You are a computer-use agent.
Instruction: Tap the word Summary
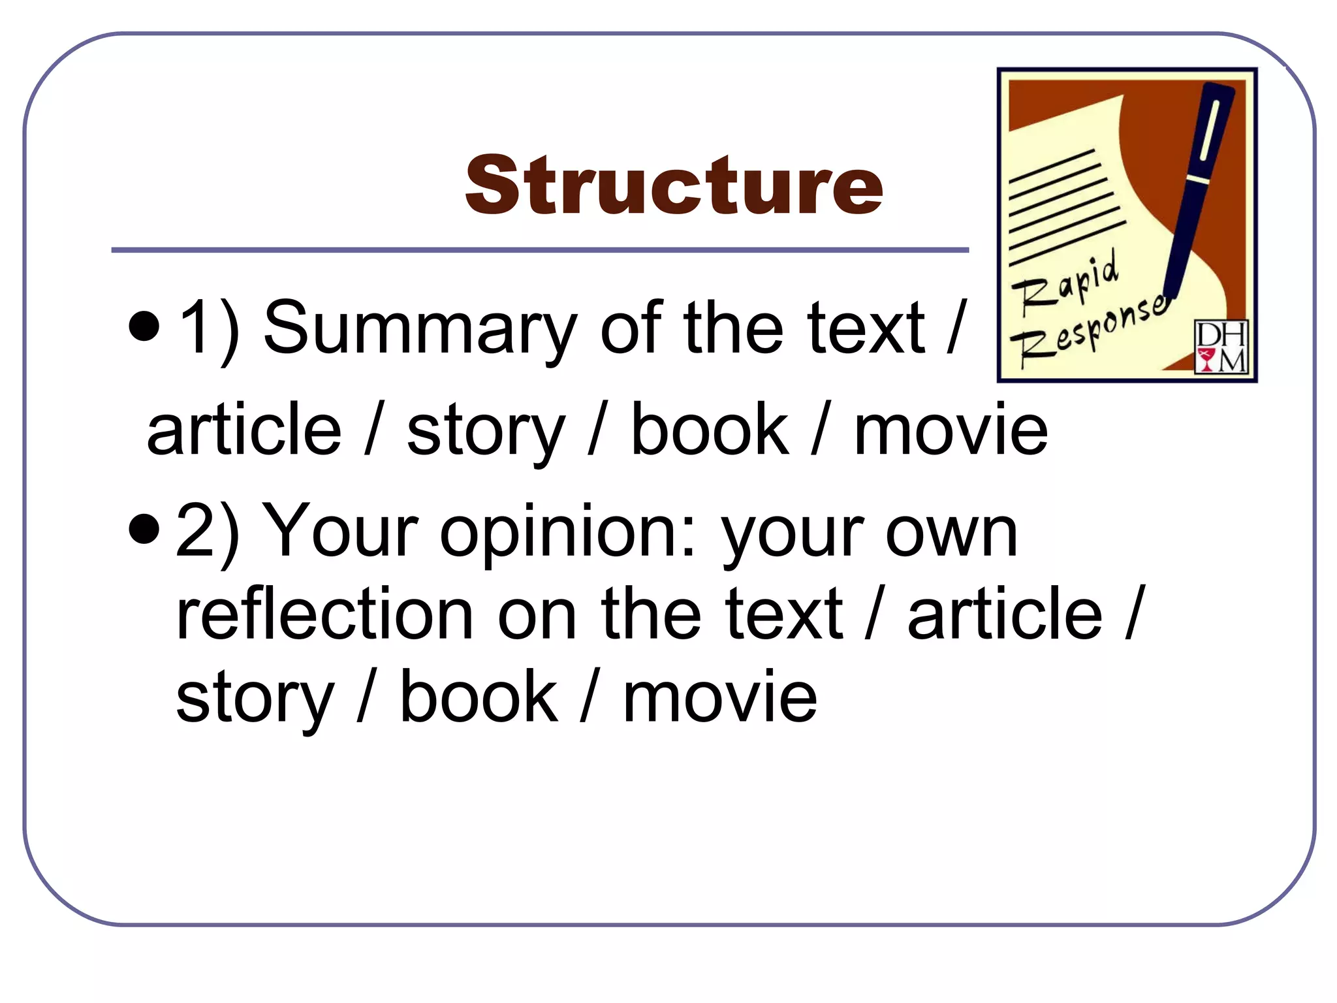pos(420,328)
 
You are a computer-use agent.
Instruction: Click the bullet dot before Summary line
pos(144,326)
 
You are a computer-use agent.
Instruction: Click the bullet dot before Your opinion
pos(144,528)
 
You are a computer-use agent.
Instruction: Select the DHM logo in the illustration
pos(1220,346)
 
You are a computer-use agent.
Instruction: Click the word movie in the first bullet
pos(951,430)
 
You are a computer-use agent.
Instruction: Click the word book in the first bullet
pos(710,430)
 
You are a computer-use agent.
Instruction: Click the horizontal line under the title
pos(540,250)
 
